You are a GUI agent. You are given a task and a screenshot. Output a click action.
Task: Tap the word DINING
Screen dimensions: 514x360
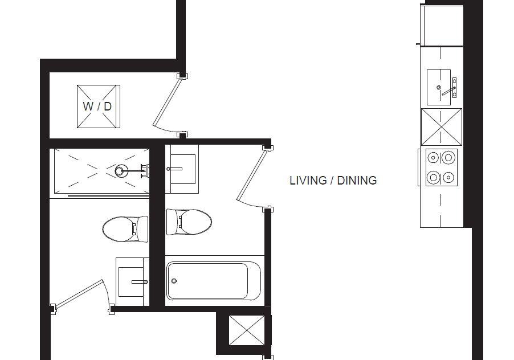(357, 181)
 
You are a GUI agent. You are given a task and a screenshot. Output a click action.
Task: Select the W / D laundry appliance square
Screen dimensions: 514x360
(99, 107)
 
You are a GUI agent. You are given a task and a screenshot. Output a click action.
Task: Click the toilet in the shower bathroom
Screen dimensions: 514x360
(125, 228)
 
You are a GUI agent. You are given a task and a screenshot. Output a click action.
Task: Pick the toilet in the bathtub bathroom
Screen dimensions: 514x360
(189, 222)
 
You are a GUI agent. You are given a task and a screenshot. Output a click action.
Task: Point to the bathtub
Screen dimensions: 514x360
(214, 281)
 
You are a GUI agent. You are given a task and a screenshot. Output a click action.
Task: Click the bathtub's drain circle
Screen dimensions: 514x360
(174, 281)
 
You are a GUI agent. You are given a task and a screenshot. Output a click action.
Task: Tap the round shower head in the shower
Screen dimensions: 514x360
(121, 171)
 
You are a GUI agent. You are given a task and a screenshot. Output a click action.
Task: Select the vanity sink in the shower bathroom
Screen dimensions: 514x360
(132, 282)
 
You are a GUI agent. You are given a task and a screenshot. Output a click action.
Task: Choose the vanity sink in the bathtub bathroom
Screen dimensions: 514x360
(182, 169)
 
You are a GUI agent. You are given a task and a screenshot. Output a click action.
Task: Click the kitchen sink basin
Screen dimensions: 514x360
(439, 88)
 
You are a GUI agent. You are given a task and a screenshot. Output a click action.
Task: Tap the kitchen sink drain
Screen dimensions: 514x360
(439, 88)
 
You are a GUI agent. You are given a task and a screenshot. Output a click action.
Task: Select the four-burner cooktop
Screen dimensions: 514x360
(442, 167)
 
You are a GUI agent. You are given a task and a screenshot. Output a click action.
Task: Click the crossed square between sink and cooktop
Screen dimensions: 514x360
(442, 127)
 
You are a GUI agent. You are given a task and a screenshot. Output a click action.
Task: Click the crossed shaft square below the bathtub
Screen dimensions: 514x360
(247, 330)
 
